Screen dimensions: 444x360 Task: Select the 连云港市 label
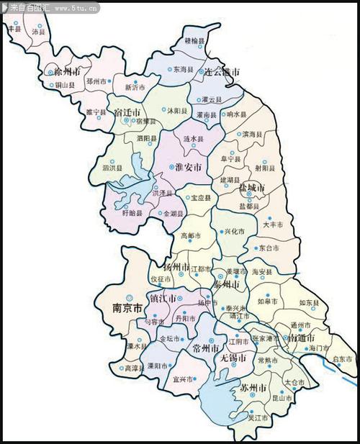pyautogui.click(x=220, y=73)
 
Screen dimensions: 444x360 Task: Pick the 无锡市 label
pyautogui.click(x=233, y=357)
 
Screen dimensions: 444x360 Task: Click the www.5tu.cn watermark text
pyautogui.click(x=76, y=8)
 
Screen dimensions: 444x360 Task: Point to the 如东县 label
pyautogui.click(x=309, y=303)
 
